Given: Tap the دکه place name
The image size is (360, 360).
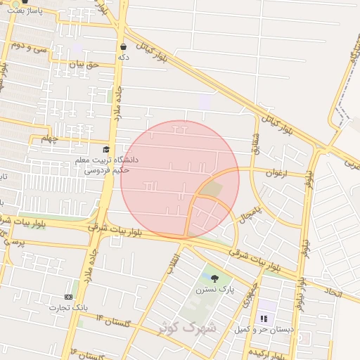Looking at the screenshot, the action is [124, 56].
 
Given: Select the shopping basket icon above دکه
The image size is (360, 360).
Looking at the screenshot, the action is [124, 46].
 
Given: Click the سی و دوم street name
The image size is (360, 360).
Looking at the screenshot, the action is [27, 47].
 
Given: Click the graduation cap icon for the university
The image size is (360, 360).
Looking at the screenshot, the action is [106, 150].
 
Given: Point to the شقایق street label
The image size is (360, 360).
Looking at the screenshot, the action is [255, 144].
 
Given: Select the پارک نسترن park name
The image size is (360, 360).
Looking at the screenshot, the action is [214, 289].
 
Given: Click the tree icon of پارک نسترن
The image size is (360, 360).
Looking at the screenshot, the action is [214, 279].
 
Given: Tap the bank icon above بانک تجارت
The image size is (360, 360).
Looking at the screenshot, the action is [68, 297].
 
